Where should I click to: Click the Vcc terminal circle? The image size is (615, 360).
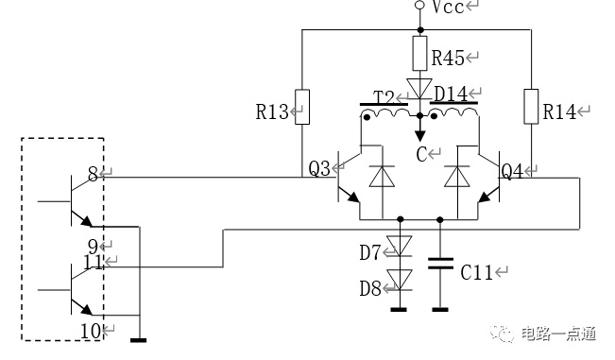coord(419,5)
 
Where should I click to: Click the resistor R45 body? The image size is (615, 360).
coord(419,53)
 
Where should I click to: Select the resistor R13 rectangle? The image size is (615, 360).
coord(302,107)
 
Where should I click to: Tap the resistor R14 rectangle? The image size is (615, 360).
coord(531,107)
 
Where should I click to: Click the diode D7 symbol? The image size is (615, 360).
coord(400,246)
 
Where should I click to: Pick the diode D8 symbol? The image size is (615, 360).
coord(400,280)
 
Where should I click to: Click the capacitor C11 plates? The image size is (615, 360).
coord(440,264)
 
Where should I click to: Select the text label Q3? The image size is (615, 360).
coord(319,168)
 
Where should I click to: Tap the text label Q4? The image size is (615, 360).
coord(512,171)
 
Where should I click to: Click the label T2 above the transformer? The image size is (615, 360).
coord(384,97)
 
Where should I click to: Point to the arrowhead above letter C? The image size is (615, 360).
coord(420,136)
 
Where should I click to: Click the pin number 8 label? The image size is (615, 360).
coord(93,174)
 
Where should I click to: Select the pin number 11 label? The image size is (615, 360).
coord(94,263)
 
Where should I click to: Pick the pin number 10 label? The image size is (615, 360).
coord(91,332)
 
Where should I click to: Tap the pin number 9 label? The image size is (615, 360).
coord(93,247)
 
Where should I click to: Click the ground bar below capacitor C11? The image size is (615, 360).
coord(440,310)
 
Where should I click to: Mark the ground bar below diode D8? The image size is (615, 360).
coord(399,310)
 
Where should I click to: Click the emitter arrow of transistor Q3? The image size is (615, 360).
coord(353,197)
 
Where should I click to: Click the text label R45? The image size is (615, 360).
coord(448,58)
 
